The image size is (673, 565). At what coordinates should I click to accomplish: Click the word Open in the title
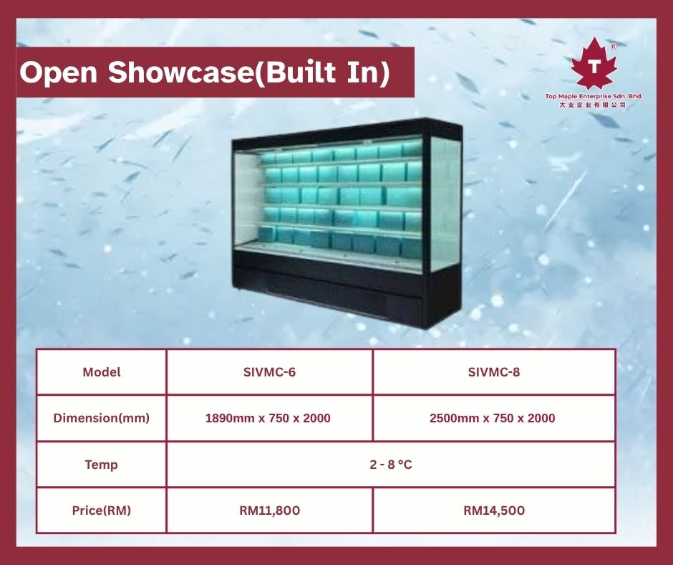tap(59, 72)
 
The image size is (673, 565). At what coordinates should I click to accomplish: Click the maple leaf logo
tap(594, 64)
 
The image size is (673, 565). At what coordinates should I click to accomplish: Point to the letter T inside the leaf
tap(594, 67)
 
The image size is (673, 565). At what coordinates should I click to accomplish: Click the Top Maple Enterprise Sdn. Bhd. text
tap(594, 96)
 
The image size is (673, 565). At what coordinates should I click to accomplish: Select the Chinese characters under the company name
tap(592, 105)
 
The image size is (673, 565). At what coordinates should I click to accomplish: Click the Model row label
tap(101, 372)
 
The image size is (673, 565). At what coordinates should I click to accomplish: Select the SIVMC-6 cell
tap(269, 372)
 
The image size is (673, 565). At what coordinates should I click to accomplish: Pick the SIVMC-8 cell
tap(493, 372)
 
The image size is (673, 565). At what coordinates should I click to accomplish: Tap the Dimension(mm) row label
tap(101, 418)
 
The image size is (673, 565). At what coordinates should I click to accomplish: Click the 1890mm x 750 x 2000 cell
tap(268, 418)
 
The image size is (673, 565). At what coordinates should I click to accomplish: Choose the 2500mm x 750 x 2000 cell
tap(493, 418)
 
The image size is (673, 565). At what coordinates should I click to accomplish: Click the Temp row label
tap(101, 465)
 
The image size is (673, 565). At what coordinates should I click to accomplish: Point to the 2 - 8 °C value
tap(391, 465)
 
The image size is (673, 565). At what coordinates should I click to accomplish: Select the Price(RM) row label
tap(101, 511)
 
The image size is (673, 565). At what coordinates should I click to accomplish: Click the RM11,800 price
tap(269, 511)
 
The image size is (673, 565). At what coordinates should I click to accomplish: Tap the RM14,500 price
tap(494, 511)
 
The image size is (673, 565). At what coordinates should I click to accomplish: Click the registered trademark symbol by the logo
tap(614, 47)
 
